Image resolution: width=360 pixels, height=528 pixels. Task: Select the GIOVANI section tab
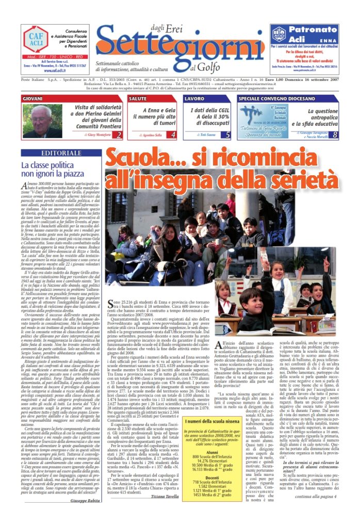click(x=33, y=98)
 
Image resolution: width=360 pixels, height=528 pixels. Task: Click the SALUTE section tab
click(x=138, y=98)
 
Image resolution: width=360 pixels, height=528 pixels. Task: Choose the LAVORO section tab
click(x=194, y=98)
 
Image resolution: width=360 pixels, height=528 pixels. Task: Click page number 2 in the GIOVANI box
click(x=119, y=135)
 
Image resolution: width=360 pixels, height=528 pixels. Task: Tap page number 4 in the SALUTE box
click(x=173, y=135)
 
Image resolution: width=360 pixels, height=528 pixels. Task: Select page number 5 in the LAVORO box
click(x=228, y=135)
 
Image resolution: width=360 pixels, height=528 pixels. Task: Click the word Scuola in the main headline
click(x=136, y=157)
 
